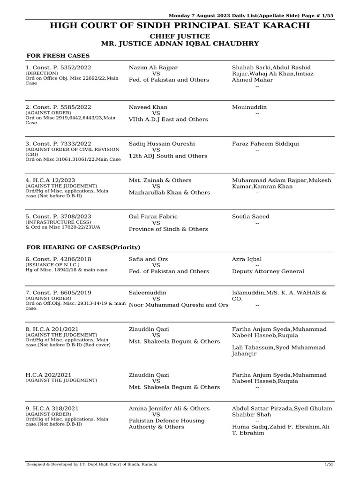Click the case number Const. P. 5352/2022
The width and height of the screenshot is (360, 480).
pyautogui.click(x=58, y=67)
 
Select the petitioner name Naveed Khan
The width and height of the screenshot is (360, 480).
pyautogui.click(x=148, y=107)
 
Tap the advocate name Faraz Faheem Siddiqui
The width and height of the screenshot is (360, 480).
pyautogui.click(x=265, y=144)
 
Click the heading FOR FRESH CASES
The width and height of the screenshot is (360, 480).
pyautogui.click(x=58, y=56)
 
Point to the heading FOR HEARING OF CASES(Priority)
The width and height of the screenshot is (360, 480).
pyautogui.click(x=83, y=247)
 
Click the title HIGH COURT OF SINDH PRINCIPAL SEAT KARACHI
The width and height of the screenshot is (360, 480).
pyautogui.click(x=180, y=25)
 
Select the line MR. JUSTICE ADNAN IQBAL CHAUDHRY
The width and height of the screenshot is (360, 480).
pyautogui.click(x=180, y=44)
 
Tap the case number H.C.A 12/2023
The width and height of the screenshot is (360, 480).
pyautogui.click(x=50, y=180)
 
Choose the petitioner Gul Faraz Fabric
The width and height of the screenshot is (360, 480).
pyautogui.click(x=153, y=217)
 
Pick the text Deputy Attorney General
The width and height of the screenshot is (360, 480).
pyautogui.click(x=268, y=271)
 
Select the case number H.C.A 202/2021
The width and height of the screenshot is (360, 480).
pyautogui.click(x=48, y=375)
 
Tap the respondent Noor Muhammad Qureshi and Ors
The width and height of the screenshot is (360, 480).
pyautogui.click(x=179, y=305)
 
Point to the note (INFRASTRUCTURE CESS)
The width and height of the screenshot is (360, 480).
pyautogui.click(x=59, y=222)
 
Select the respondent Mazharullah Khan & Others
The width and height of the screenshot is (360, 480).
pyautogui.click(x=169, y=193)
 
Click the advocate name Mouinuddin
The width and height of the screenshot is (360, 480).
pyautogui.click(x=249, y=107)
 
